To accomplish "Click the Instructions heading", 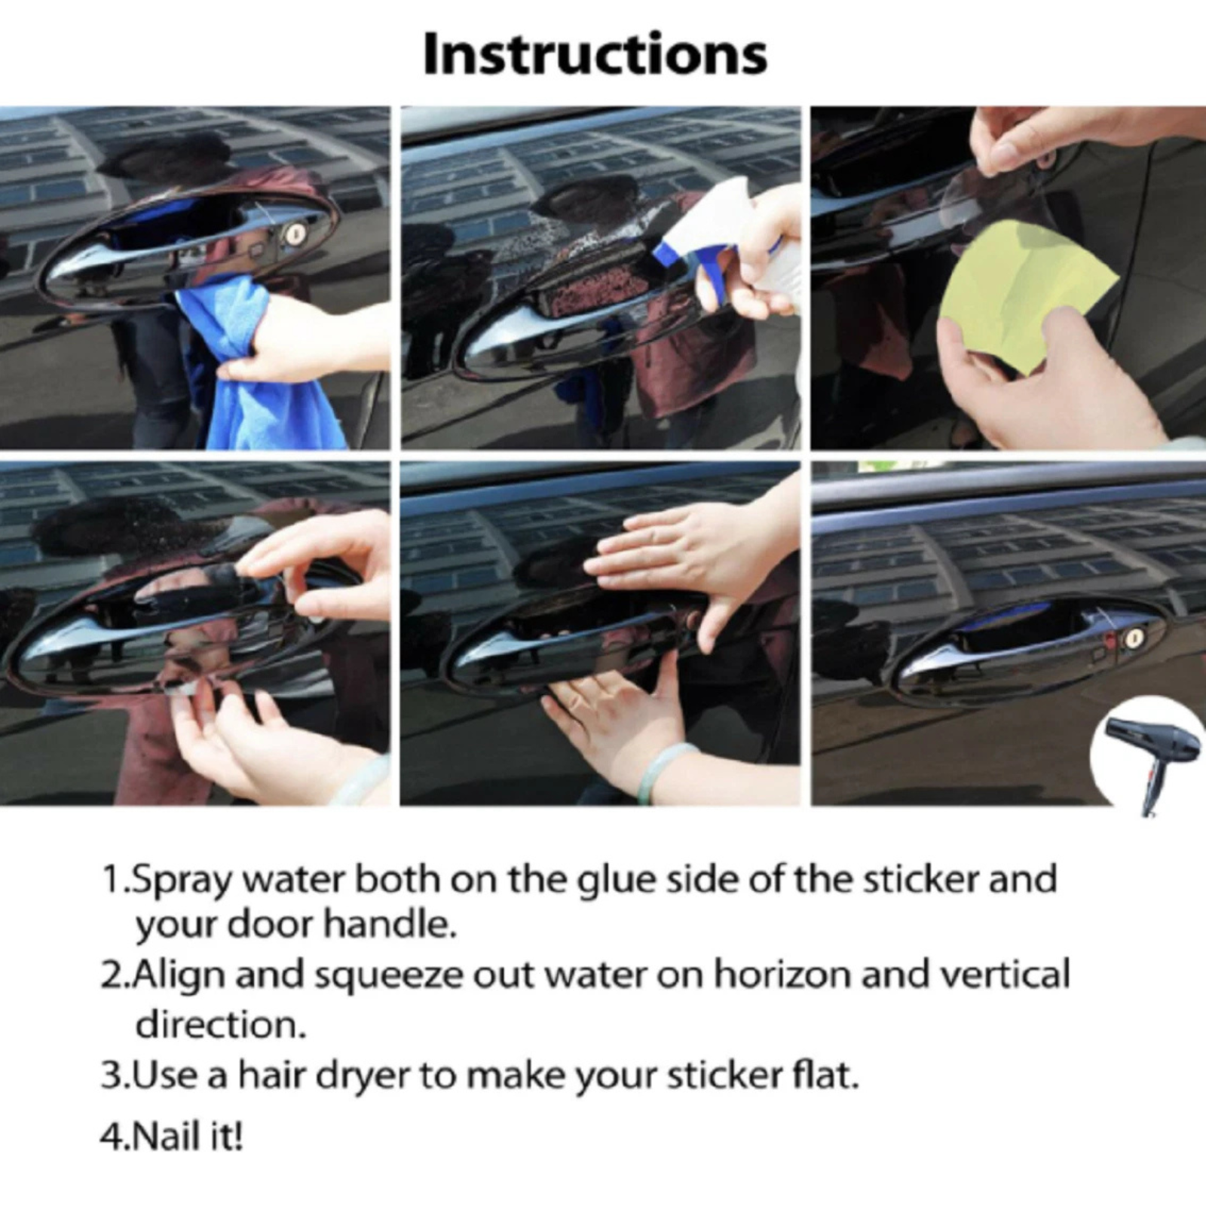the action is (595, 54).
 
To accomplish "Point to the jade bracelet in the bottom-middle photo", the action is (667, 772).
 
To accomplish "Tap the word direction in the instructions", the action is (221, 1024).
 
